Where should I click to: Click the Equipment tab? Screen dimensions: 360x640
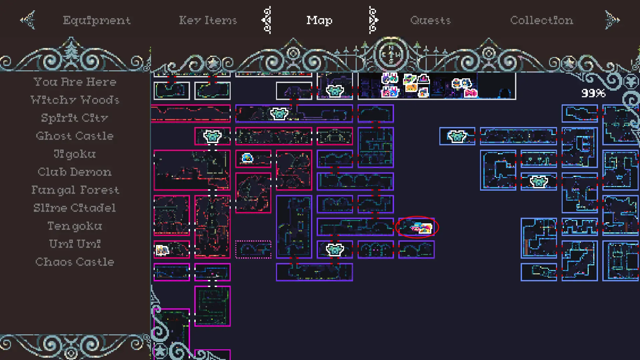pyautogui.click(x=97, y=20)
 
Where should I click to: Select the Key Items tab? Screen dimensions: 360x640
pyautogui.click(x=208, y=20)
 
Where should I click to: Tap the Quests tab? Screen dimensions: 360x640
pyautogui.click(x=430, y=20)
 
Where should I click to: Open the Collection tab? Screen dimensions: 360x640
pyautogui.click(x=542, y=20)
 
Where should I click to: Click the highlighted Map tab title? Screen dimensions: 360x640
pyautogui.click(x=319, y=20)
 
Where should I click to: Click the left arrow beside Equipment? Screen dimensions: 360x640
pyautogui.click(x=28, y=20)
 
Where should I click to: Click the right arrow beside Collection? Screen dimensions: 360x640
pyautogui.click(x=612, y=20)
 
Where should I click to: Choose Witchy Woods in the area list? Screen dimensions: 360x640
pyautogui.click(x=75, y=100)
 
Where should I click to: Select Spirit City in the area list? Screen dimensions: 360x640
pyautogui.click(x=75, y=118)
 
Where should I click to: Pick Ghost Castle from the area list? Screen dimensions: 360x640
pyautogui.click(x=75, y=136)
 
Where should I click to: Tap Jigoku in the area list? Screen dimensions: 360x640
pyautogui.click(x=75, y=154)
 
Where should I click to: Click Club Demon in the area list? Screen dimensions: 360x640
pyautogui.click(x=75, y=172)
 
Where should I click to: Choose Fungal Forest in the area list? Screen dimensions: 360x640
pyautogui.click(x=75, y=190)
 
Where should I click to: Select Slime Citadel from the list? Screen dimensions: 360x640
pyautogui.click(x=75, y=208)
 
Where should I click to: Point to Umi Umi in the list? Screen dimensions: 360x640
pyautogui.click(x=75, y=244)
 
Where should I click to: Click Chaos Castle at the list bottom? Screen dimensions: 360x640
pyautogui.click(x=75, y=262)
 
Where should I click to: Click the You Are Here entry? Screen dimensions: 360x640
pyautogui.click(x=75, y=82)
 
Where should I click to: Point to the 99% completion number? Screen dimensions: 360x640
pyautogui.click(x=593, y=93)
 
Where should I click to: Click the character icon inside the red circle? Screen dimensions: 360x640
pyautogui.click(x=422, y=228)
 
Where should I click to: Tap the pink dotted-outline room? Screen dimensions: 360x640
pyautogui.click(x=253, y=249)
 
